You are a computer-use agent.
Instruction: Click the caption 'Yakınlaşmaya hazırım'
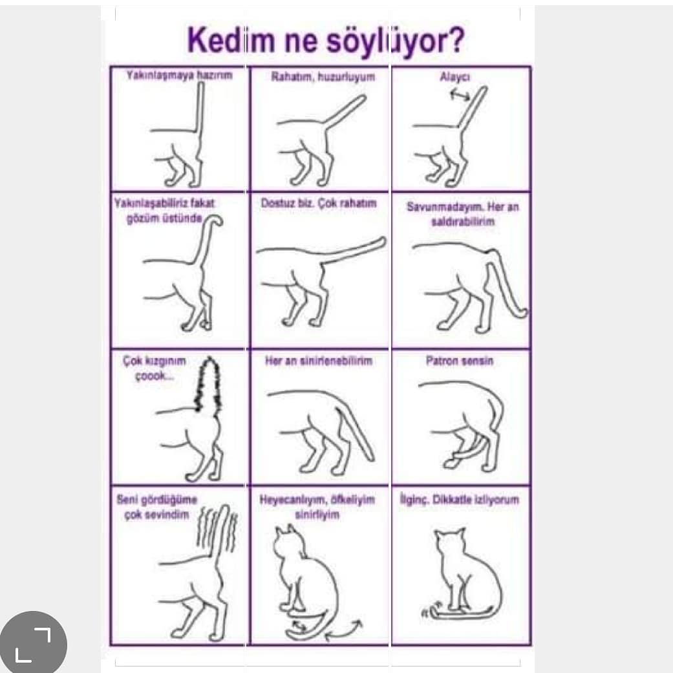(x=179, y=75)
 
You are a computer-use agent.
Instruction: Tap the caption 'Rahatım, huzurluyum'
(x=323, y=77)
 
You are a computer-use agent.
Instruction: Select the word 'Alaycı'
(x=455, y=77)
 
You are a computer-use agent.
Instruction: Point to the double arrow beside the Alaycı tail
(x=460, y=95)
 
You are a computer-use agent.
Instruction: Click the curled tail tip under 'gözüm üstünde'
(x=216, y=220)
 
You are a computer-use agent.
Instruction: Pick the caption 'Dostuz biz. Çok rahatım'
(x=319, y=203)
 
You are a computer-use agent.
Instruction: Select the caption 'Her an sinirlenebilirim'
(x=319, y=361)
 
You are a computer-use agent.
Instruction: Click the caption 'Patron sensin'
(x=459, y=361)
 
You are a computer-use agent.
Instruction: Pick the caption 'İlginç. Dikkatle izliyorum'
(x=459, y=500)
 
